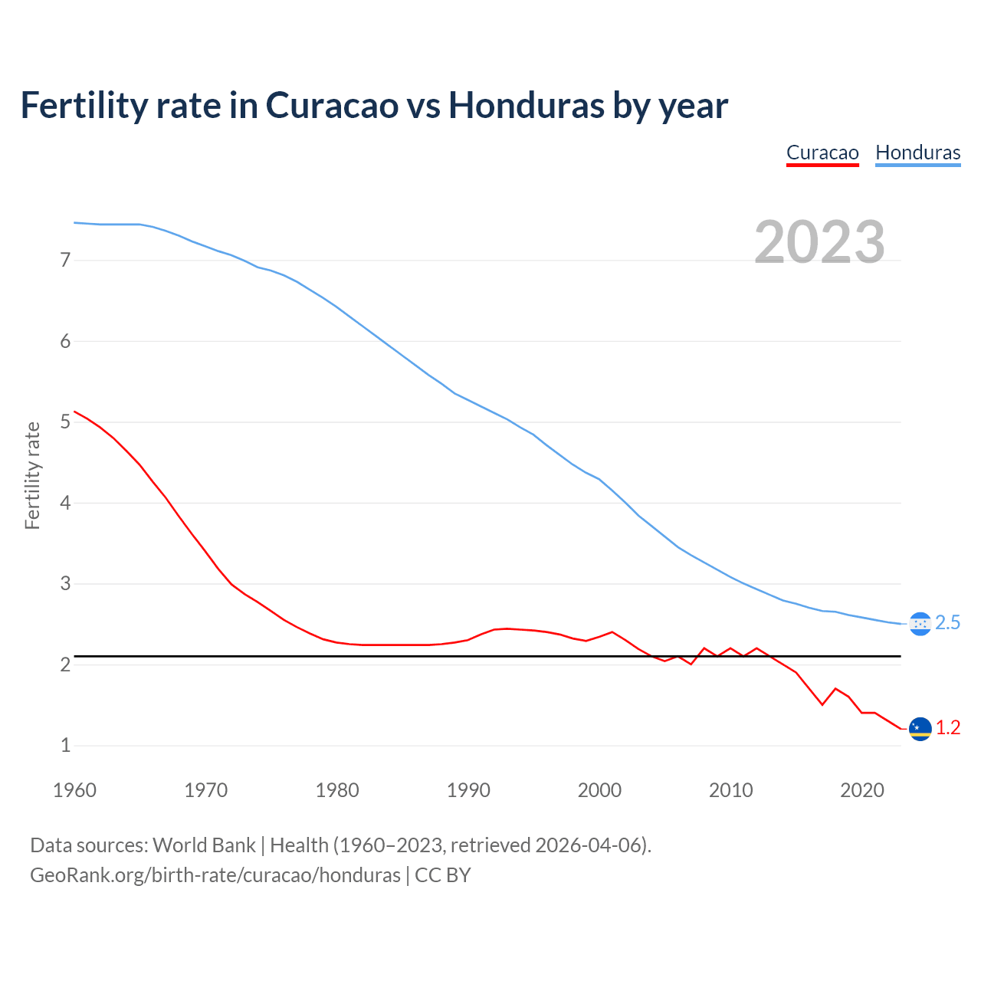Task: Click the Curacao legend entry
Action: tap(822, 153)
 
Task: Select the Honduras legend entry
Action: tap(917, 153)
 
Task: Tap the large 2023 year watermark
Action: tap(819, 242)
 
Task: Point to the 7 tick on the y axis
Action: tap(65, 261)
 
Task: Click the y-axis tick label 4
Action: tap(65, 504)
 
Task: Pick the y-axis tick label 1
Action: tap(65, 746)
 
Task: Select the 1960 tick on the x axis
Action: tap(74, 790)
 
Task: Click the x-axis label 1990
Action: tap(468, 790)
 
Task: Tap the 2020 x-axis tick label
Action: tap(862, 790)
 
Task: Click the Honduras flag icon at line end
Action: tap(920, 624)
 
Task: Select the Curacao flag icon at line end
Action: tap(920, 728)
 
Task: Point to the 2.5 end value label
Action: tap(948, 623)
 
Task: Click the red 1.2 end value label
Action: tap(948, 728)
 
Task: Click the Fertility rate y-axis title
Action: tap(32, 475)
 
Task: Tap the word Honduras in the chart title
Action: tap(526, 105)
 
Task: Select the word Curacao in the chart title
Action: tap(332, 105)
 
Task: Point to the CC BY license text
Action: tap(443, 875)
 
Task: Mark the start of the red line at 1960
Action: tap(74, 412)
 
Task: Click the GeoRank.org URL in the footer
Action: tap(215, 875)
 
